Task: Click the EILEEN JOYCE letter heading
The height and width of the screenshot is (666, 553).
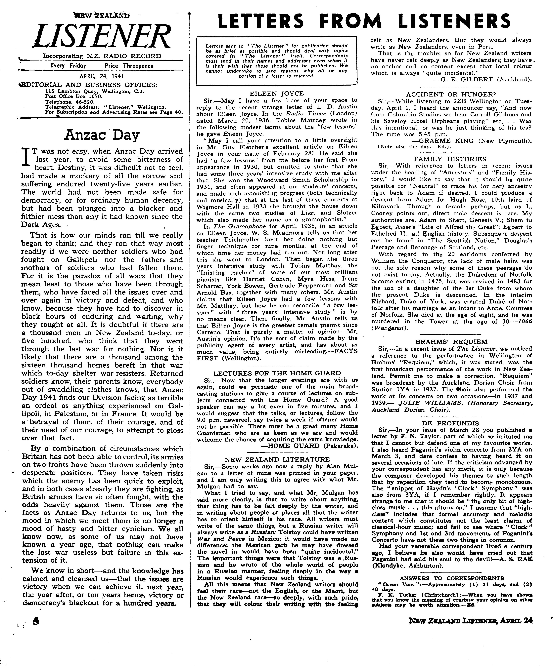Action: [277, 94]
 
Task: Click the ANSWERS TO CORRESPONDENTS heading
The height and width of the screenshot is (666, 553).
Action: [451, 578]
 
